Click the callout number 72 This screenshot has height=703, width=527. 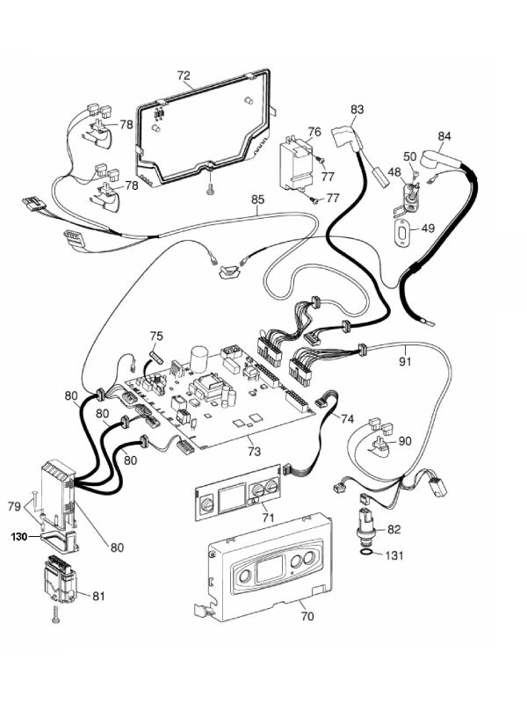184,76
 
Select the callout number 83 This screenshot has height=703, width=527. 357,110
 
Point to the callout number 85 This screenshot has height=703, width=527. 257,199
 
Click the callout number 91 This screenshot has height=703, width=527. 406,359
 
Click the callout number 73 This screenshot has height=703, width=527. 254,451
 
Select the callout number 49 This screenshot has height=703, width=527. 428,228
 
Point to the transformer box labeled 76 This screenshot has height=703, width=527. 295,163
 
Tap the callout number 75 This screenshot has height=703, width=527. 155,336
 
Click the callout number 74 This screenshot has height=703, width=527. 347,419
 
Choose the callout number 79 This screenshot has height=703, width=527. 14,505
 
